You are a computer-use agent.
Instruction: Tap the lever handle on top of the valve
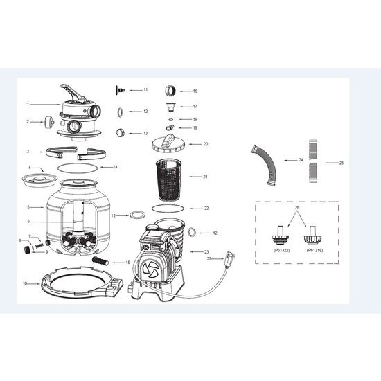pyautogui.click(x=72, y=91)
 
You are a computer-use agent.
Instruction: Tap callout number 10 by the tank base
pyautogui.click(x=25, y=283)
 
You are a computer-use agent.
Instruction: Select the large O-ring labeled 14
pyautogui.click(x=73, y=168)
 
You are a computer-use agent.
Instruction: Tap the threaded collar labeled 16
pyautogui.click(x=170, y=91)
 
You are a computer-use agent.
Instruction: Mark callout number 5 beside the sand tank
pyautogui.click(x=28, y=206)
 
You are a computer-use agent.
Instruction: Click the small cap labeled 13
pyautogui.click(x=121, y=132)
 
